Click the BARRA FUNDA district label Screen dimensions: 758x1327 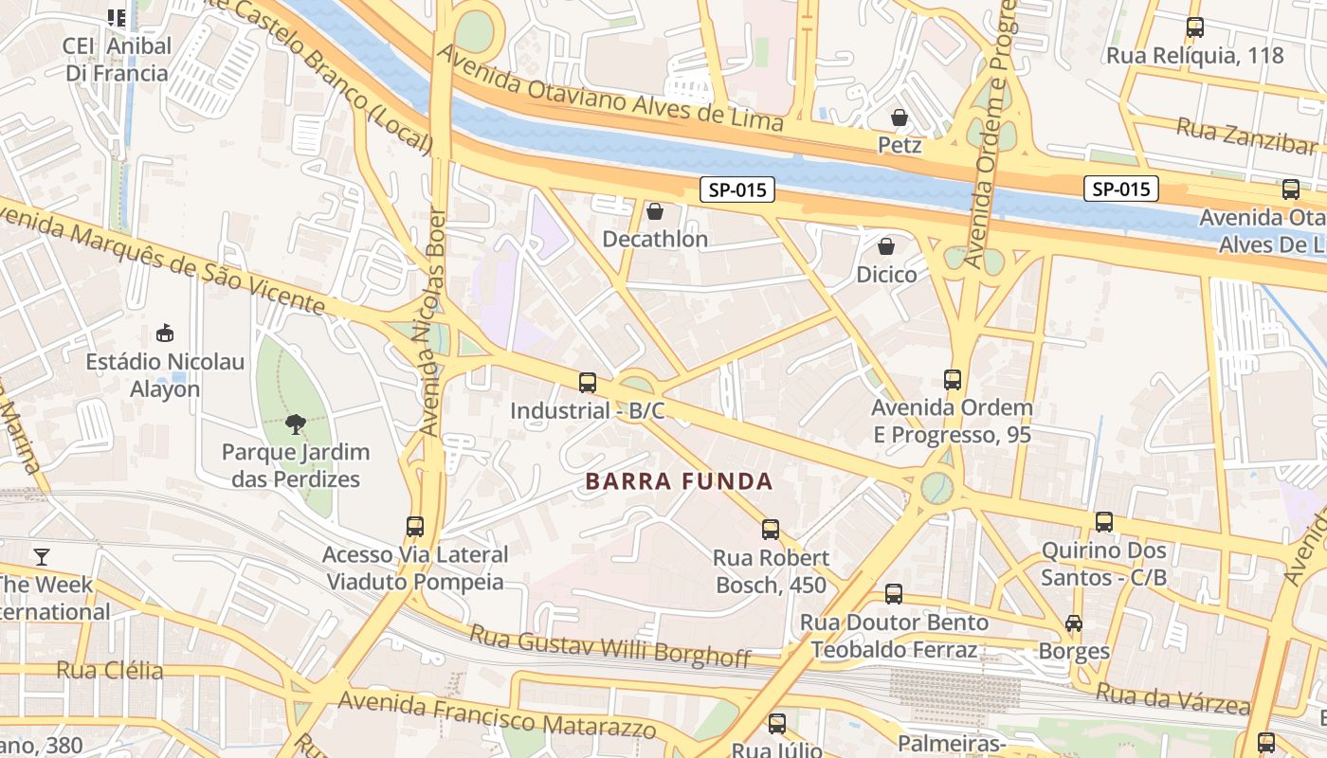click(679, 481)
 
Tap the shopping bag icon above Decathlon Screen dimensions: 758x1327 click(654, 211)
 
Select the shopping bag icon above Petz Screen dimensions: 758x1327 click(899, 117)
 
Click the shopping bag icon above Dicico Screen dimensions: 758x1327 click(886, 246)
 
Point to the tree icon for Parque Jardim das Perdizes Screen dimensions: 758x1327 click(296, 424)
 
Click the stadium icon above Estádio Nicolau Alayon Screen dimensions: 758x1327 click(165, 334)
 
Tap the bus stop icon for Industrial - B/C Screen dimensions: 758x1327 click(588, 383)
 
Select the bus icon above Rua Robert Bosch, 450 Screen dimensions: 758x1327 click(771, 530)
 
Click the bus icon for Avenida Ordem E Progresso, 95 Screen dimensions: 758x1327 click(953, 380)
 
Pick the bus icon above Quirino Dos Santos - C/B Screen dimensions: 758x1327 click(1104, 522)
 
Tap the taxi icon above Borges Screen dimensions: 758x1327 click(1073, 623)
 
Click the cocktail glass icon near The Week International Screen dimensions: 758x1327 click(41, 556)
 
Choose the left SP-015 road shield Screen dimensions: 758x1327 click(737, 189)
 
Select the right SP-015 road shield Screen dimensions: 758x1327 click(1121, 189)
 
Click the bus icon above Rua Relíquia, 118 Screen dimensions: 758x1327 click(1195, 27)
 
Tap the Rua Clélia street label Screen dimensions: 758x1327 click(109, 671)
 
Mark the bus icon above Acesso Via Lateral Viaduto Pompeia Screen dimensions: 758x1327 click(415, 527)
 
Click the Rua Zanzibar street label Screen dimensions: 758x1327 click(1246, 135)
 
